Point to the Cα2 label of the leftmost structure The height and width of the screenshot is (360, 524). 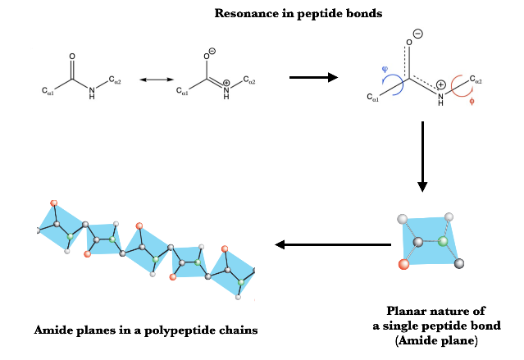pos(117,81)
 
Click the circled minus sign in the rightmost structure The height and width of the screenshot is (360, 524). pos(417,34)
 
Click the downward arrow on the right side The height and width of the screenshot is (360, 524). pos(422,156)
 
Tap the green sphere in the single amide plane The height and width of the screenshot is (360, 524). pos(444,242)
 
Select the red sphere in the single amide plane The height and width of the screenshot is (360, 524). pos(403,264)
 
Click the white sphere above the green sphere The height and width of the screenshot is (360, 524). pos(448,217)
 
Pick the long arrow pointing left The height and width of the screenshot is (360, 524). pos(331,244)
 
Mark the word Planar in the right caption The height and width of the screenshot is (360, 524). pos(408,311)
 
